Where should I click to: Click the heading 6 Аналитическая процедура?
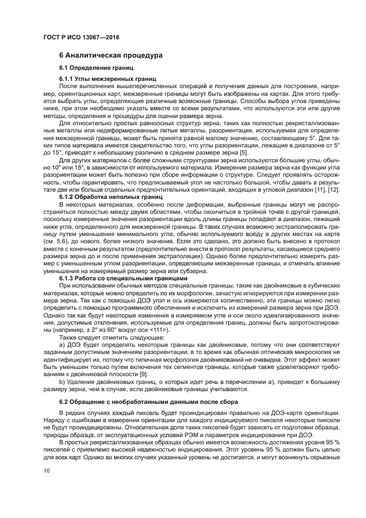pos(111,55)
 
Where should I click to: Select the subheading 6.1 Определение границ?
pos(97,68)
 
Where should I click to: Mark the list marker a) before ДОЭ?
pos(63,344)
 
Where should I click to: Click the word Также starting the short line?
pos(69,337)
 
